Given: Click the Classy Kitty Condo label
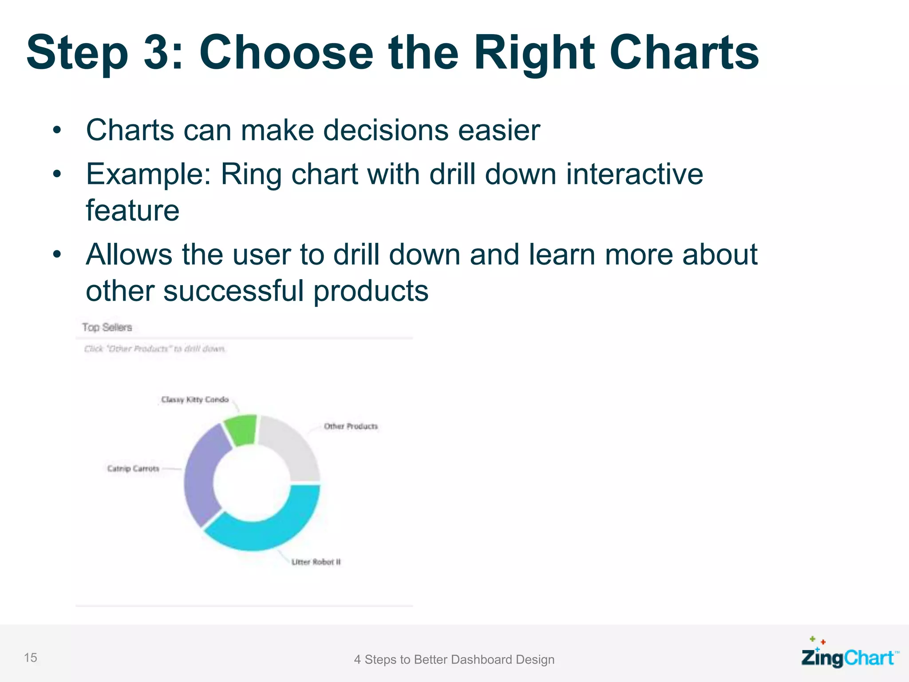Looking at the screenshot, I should point(195,400).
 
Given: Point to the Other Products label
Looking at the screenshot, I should point(351,426).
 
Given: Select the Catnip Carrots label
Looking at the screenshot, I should point(133,468).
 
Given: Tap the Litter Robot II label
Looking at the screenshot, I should point(316,562).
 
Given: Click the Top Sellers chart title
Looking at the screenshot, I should point(107,327).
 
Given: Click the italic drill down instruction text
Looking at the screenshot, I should point(155,349).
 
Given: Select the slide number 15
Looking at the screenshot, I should point(31,658).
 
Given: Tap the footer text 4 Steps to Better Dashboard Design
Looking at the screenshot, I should point(454,659).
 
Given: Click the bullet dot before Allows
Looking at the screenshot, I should point(56,255).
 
